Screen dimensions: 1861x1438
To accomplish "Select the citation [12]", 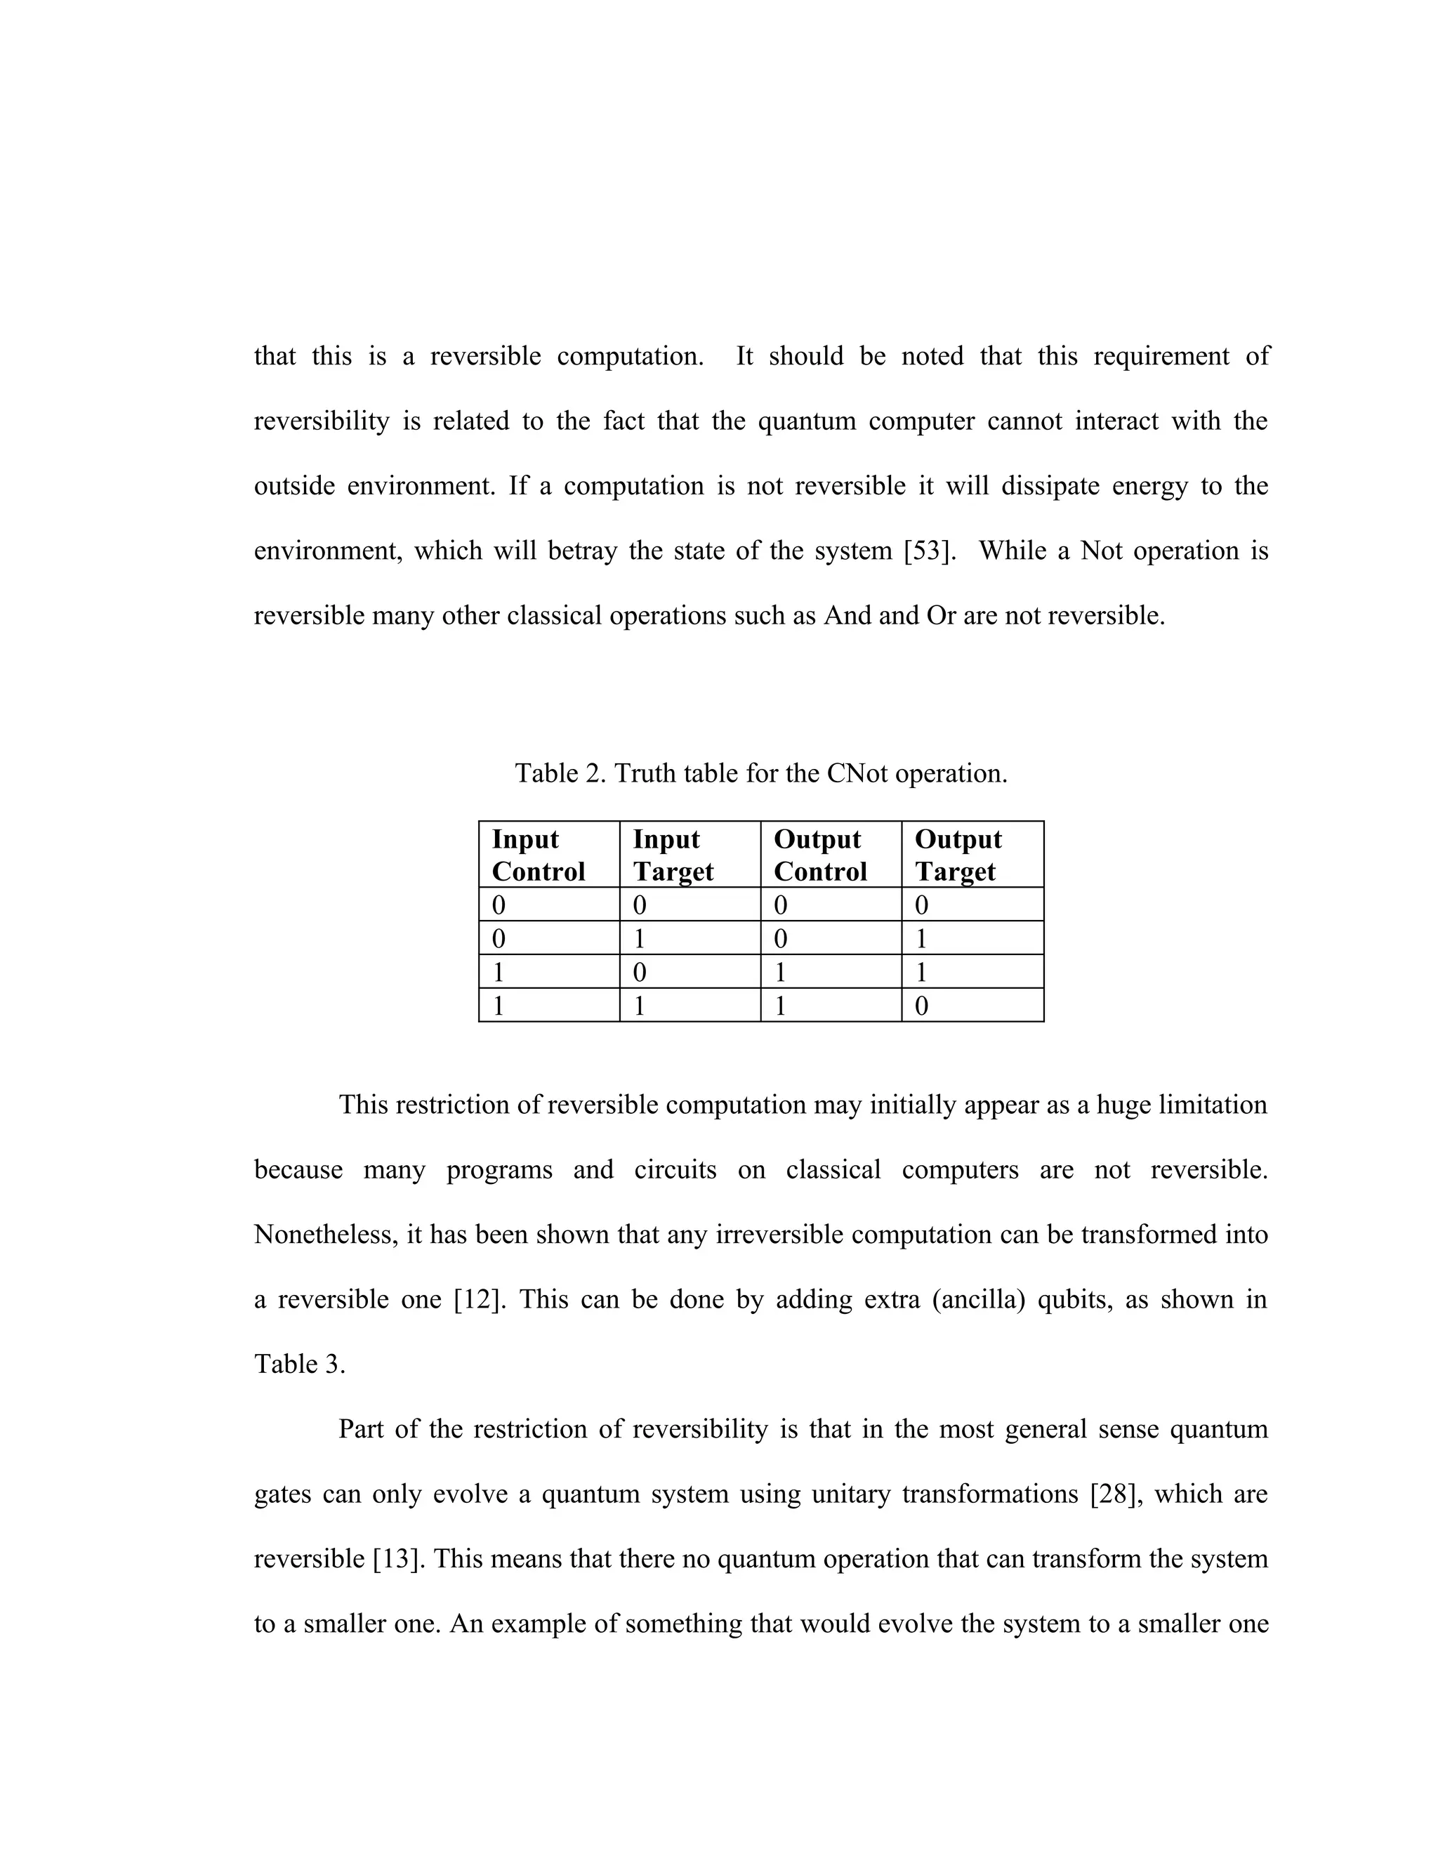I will [479, 1299].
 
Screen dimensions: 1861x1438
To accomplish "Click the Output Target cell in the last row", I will [972, 1006].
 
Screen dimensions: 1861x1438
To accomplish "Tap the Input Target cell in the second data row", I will [690, 938].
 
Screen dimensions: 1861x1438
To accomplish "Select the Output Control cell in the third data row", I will [831, 971].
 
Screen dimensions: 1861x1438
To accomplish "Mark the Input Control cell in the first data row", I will [548, 904].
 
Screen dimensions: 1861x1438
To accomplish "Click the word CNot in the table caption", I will [858, 774].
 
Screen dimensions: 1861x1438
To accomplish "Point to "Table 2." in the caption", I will [560, 774].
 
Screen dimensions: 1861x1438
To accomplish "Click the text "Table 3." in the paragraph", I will [300, 1364].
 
